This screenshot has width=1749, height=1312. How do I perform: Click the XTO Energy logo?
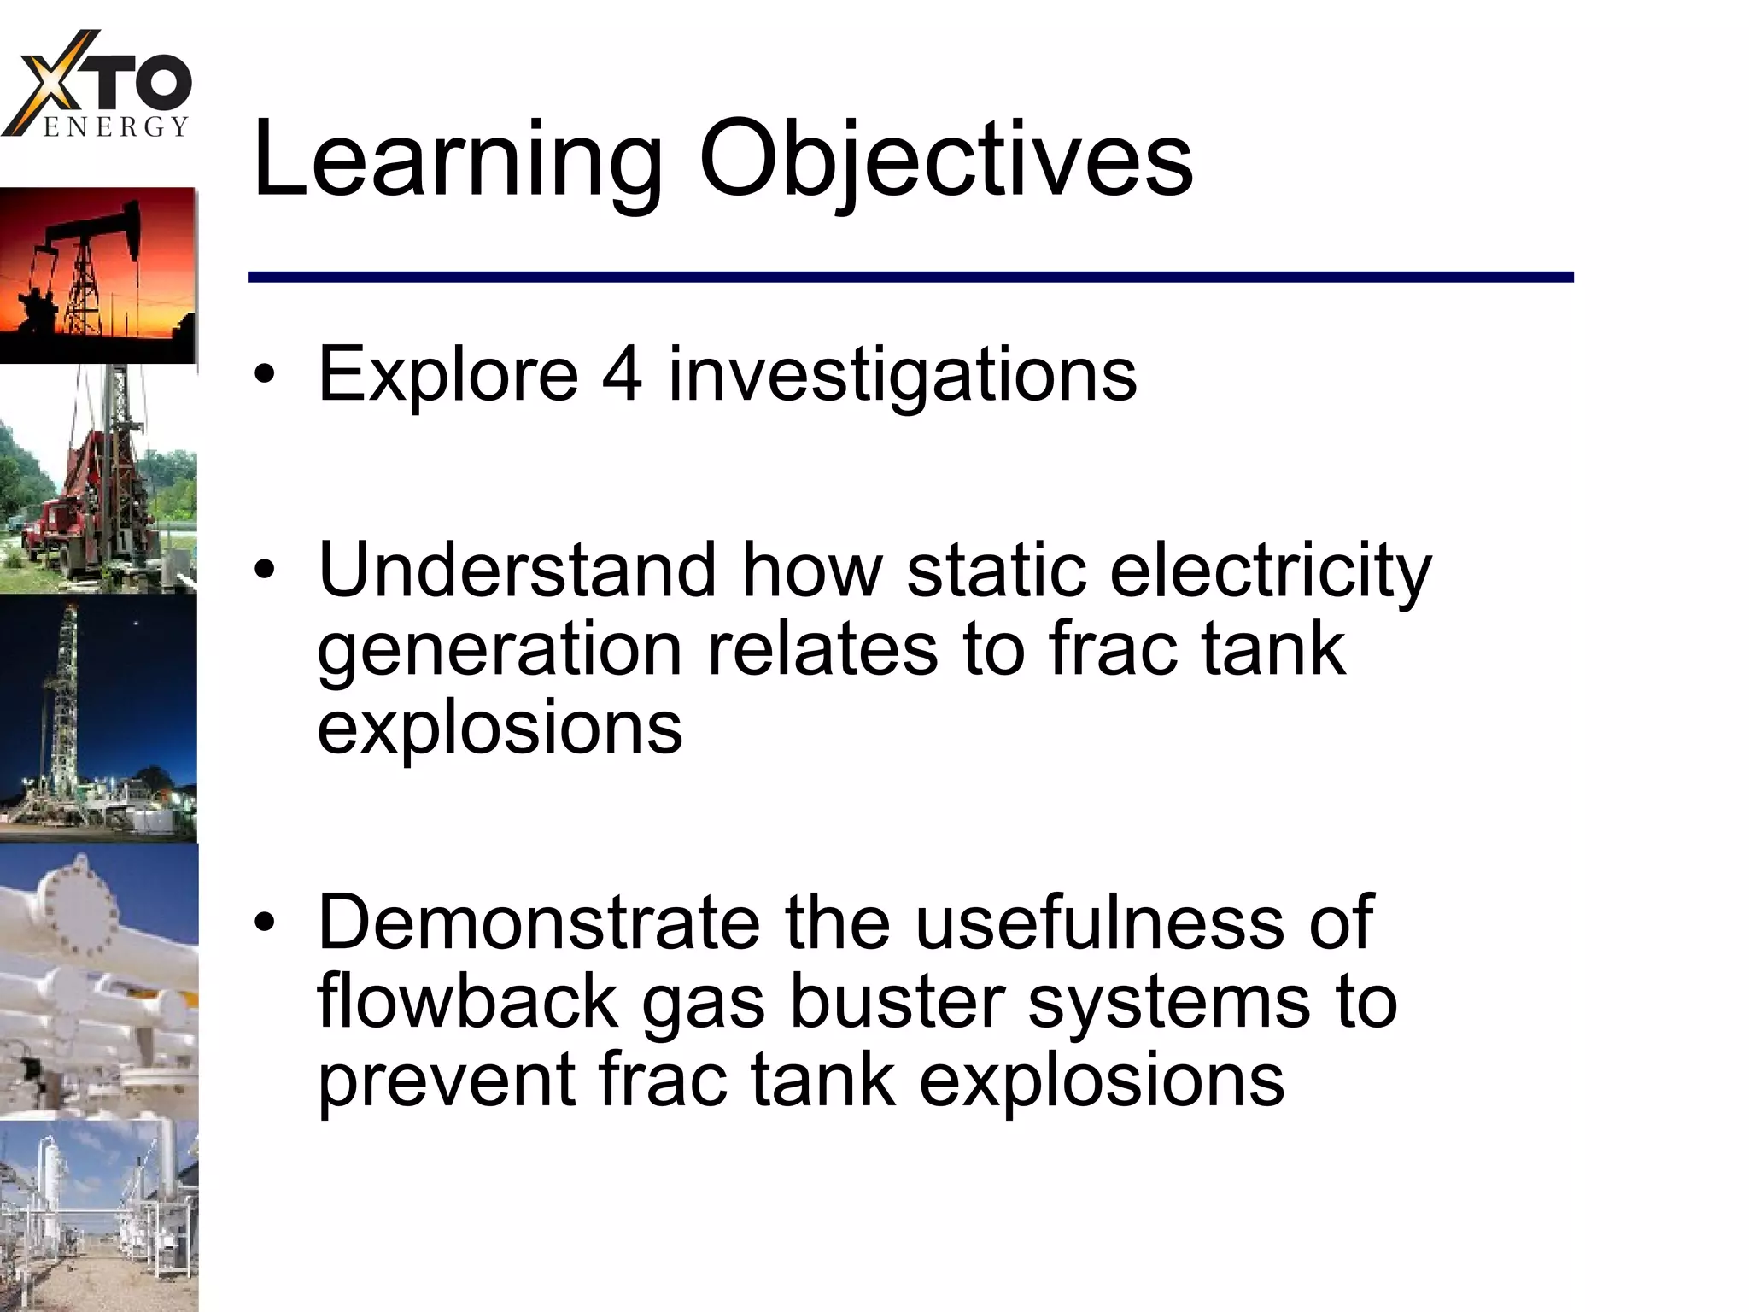(x=98, y=85)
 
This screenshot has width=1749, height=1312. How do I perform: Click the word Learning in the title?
(x=457, y=161)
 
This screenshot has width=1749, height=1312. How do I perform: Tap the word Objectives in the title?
(x=945, y=161)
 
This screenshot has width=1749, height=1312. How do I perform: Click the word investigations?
(x=903, y=376)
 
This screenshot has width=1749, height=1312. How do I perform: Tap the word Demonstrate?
(x=538, y=922)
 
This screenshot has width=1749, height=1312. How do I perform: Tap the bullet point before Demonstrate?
(x=266, y=923)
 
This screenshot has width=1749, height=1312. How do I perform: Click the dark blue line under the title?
(x=910, y=277)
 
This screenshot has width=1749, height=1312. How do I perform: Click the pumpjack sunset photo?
(x=97, y=275)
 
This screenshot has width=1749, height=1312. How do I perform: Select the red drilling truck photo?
(x=97, y=478)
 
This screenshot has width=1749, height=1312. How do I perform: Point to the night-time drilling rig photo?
(x=97, y=717)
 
